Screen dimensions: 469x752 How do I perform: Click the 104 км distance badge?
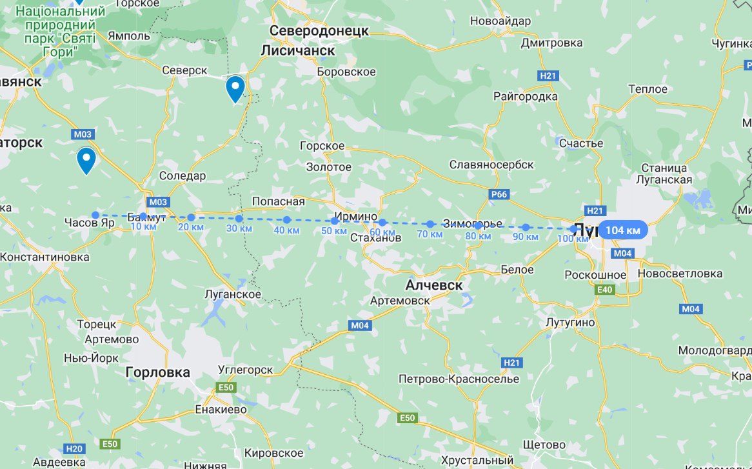[623, 230]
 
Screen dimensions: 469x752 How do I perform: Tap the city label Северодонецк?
[319, 31]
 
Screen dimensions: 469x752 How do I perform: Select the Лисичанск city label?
[298, 50]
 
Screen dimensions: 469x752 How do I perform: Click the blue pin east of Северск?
[235, 89]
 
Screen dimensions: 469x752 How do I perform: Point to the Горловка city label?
[158, 372]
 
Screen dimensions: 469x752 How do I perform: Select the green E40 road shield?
[605, 290]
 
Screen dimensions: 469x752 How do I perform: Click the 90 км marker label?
[525, 237]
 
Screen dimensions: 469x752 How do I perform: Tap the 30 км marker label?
[239, 228]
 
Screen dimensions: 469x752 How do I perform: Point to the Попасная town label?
[278, 201]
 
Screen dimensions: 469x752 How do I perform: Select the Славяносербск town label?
[491, 165]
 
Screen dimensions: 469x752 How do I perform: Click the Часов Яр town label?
[89, 223]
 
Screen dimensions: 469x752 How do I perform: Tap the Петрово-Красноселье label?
[459, 378]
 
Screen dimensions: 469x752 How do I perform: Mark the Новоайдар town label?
[500, 21]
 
